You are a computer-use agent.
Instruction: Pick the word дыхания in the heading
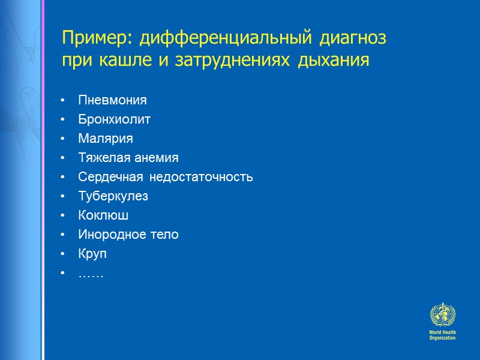337,62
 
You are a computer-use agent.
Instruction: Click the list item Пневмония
112,100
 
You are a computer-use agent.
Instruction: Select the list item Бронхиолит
114,119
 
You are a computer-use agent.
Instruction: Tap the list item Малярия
106,139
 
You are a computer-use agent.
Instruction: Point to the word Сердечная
110,177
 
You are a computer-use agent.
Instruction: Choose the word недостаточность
201,177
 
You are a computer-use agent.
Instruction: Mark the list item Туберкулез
113,196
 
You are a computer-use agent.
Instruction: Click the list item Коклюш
103,215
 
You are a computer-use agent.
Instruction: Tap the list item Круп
92,254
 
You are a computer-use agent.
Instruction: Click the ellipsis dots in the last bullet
91,274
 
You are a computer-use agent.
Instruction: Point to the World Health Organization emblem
442,316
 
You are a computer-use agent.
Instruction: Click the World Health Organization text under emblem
442,335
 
